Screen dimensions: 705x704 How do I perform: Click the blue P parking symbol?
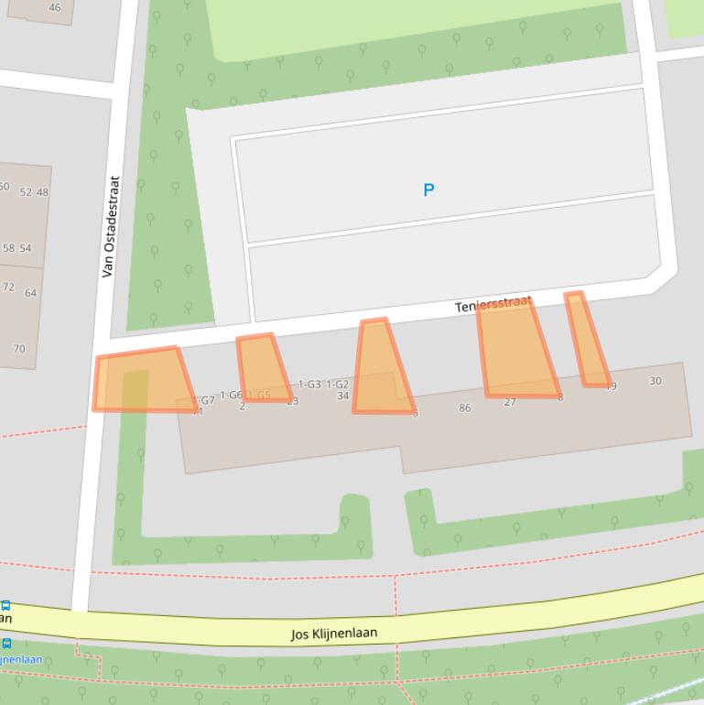click(x=428, y=190)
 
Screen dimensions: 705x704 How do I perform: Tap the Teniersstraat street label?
click(x=493, y=304)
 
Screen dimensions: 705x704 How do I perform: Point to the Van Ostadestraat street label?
click(x=110, y=227)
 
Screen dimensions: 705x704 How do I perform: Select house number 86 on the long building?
click(x=465, y=407)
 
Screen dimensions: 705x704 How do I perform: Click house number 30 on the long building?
click(x=655, y=381)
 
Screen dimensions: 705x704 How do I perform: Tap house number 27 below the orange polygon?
click(x=510, y=402)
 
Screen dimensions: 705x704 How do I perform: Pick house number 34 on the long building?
click(x=342, y=396)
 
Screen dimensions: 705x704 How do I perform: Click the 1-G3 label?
click(x=309, y=385)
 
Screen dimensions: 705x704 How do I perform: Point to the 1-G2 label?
click(x=337, y=385)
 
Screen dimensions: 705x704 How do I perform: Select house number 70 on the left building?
click(x=19, y=349)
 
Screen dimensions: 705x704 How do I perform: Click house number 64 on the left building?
click(x=31, y=293)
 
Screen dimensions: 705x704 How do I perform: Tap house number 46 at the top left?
click(x=55, y=7)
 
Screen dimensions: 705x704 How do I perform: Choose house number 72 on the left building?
click(x=8, y=287)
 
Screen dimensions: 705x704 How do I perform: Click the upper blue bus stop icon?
click(x=5, y=605)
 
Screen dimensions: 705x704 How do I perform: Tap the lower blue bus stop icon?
click(x=6, y=644)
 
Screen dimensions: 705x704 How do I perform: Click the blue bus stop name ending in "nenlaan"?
click(x=20, y=659)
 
